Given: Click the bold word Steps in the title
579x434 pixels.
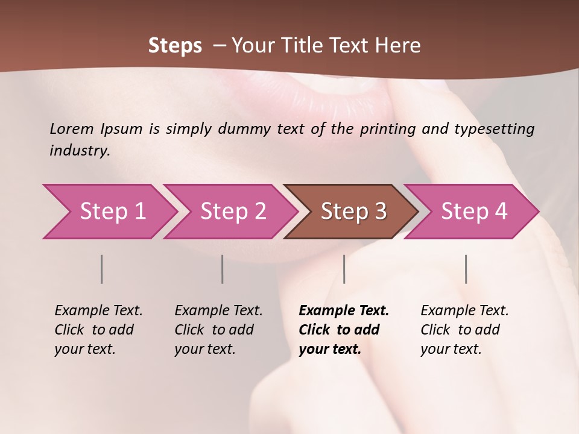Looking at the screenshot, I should tap(175, 46).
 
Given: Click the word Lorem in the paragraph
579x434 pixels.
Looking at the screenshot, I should tap(71, 128).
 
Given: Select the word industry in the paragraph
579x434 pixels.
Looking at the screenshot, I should tap(80, 150).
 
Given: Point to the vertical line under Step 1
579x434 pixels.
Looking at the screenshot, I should tap(102, 269).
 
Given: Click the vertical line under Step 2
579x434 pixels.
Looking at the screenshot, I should tap(223, 269).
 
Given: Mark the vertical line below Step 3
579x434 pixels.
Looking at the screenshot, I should tap(344, 269).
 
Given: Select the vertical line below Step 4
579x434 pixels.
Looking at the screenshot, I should tap(466, 269).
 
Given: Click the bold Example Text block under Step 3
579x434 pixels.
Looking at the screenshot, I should tap(343, 330).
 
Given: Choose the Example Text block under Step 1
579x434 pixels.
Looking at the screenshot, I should tap(98, 330).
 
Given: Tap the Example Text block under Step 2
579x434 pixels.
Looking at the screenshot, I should tap(218, 330).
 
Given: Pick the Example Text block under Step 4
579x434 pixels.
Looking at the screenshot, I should tap(464, 330).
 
